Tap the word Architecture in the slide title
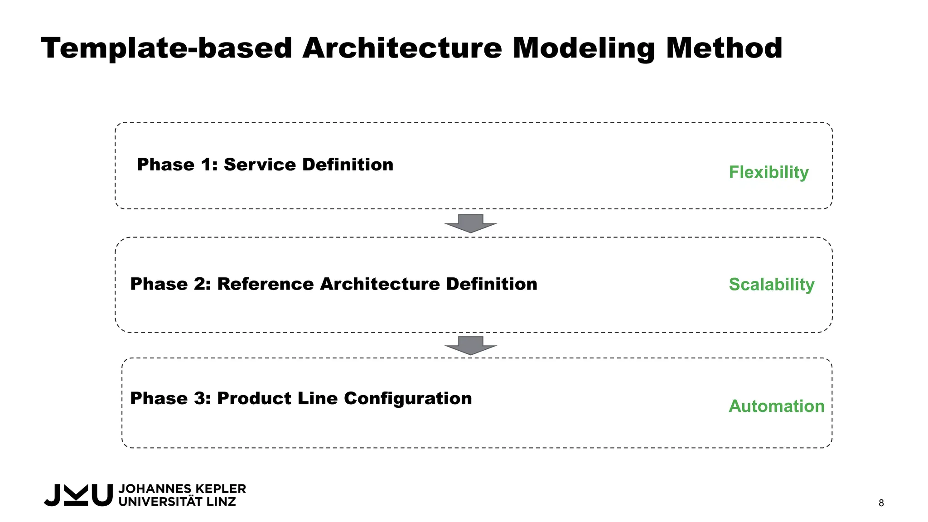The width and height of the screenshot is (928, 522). tap(402, 48)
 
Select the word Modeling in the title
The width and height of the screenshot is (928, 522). tap(584, 48)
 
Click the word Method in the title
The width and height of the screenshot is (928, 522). tap(724, 48)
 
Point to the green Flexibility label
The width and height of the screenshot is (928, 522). tap(768, 173)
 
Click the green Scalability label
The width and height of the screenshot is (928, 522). tap(771, 285)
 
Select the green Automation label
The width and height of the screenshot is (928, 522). tap(776, 406)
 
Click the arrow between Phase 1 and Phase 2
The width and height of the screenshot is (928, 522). tap(471, 223)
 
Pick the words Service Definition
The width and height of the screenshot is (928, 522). tap(309, 164)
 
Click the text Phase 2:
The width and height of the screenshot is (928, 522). tap(170, 284)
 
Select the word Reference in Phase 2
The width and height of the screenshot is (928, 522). tap(266, 284)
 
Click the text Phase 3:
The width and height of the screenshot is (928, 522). tap(170, 399)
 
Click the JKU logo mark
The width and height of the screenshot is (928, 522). tap(78, 495)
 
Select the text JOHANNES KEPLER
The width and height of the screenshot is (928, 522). tap(182, 489)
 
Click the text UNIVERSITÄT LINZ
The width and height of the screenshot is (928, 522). tap(177, 502)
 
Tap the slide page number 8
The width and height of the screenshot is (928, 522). tap(881, 503)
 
